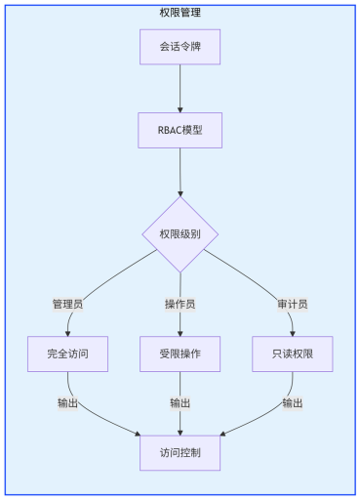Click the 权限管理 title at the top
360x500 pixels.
[180, 13]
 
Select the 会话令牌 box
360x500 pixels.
[180, 47]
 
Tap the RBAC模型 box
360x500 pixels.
[180, 131]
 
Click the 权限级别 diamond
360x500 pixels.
[180, 234]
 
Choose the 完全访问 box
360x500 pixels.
[67, 353]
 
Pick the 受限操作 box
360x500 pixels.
[180, 353]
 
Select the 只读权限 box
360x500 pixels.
[293, 353]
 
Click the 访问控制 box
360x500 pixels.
[180, 452]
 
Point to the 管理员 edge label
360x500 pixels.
[67, 304]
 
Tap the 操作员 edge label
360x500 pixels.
[180, 304]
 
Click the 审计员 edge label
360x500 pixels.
[293, 304]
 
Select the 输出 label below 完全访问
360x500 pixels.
[67, 402]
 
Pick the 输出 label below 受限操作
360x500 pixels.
[180, 402]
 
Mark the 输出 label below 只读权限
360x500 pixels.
[293, 402]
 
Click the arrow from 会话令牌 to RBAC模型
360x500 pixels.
[180, 88]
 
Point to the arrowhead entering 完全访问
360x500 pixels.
[67, 332]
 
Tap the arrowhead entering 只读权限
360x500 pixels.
[293, 332]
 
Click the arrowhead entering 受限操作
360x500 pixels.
[180, 332]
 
